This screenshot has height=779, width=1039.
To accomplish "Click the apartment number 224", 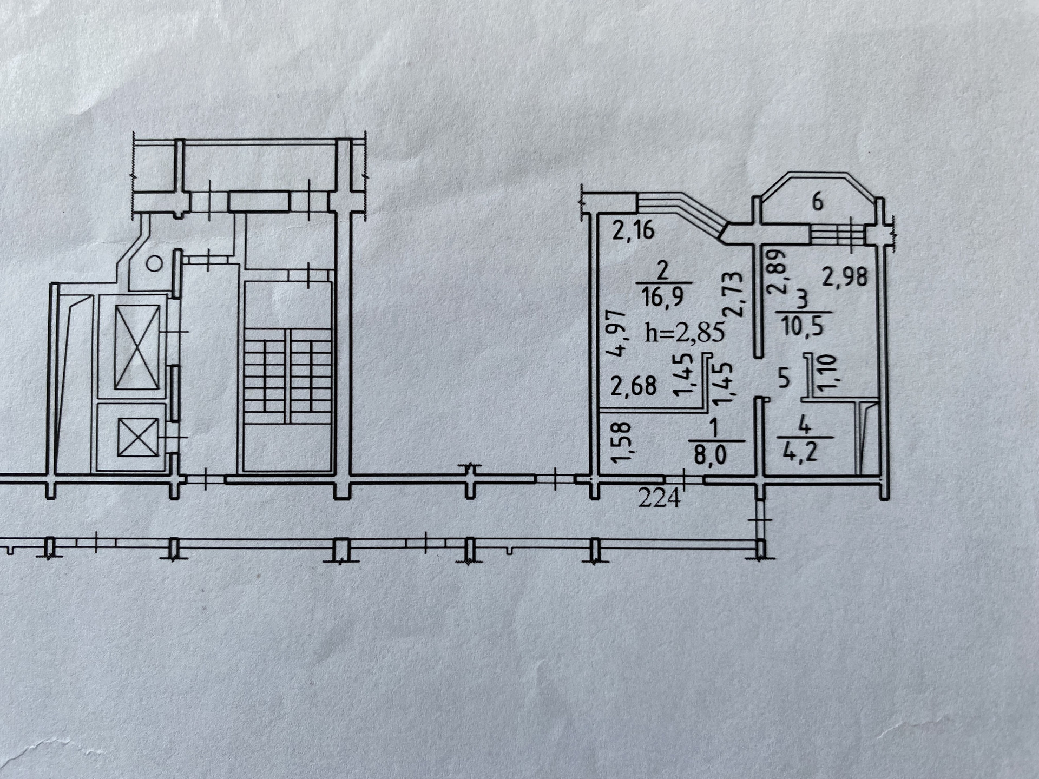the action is (659, 498).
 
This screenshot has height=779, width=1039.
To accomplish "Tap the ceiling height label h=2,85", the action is (685, 333).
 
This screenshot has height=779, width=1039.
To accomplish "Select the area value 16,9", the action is (664, 297).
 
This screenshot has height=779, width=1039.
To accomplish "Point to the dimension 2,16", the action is (633, 231).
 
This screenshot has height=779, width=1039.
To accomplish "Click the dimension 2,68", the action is (633, 386).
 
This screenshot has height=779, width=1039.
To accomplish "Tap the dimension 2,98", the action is (845, 277).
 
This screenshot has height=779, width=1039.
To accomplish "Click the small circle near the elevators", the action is (155, 264).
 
